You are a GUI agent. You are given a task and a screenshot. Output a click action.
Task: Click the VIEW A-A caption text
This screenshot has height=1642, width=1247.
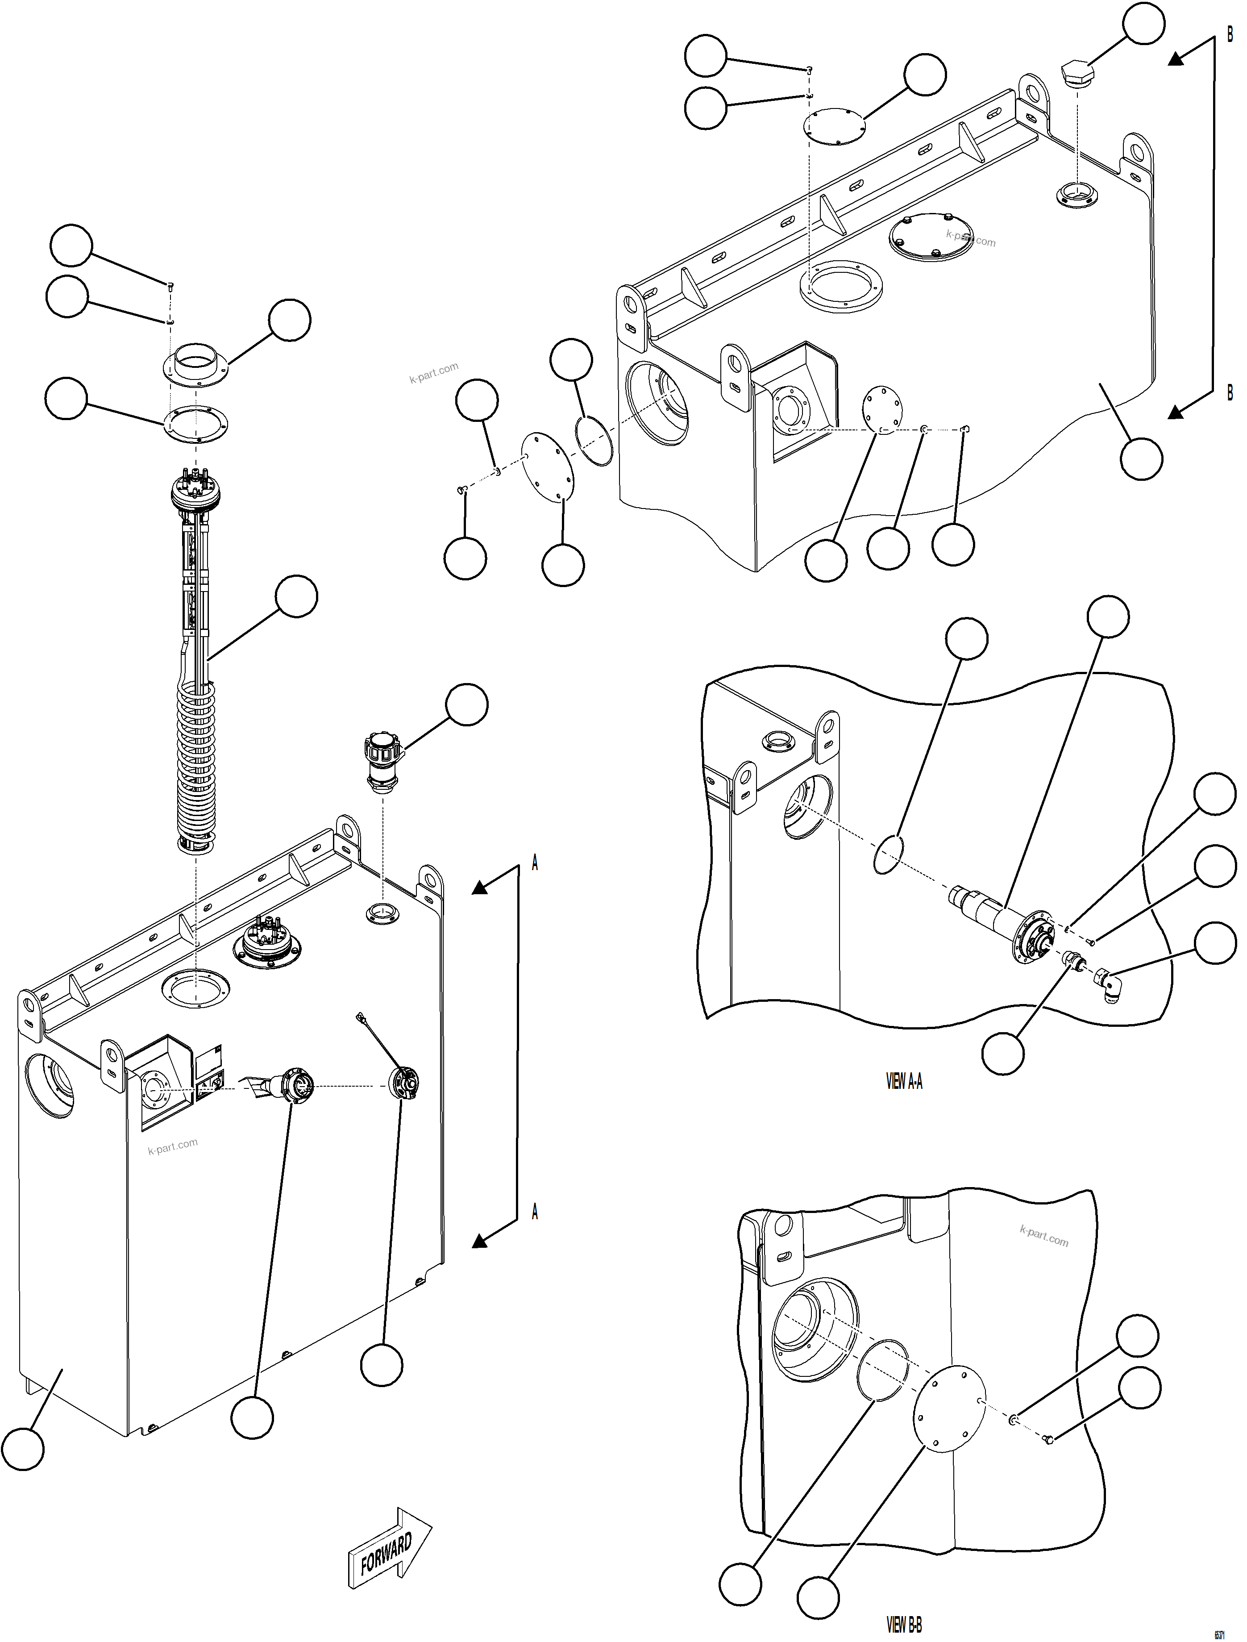904,1082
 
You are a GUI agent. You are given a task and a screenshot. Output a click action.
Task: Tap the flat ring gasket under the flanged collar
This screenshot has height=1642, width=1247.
196,425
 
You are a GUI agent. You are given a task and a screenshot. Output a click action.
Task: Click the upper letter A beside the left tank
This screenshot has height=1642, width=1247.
534,863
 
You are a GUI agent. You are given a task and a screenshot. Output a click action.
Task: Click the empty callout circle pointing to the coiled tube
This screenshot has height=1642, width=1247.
296,596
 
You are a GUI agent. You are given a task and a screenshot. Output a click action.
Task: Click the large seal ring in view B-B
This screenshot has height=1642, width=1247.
883,1370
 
